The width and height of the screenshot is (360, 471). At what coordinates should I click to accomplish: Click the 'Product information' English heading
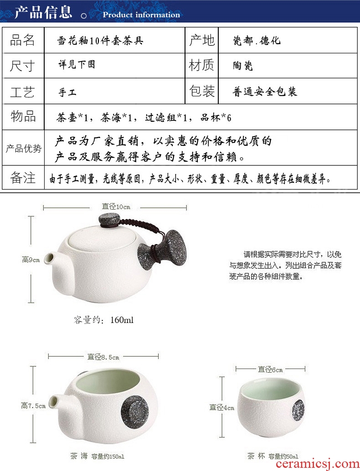coord(141,15)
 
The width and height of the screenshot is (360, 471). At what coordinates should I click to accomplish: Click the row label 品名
coord(22,40)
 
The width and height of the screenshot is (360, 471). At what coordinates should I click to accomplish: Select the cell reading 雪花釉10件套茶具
coord(100,40)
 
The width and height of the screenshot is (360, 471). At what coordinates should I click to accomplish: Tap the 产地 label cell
coord(201,40)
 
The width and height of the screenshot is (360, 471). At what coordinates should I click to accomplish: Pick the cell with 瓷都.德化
coord(257,40)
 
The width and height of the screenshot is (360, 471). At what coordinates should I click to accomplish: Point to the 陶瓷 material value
coord(243,66)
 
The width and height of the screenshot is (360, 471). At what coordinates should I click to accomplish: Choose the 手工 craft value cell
coord(67,92)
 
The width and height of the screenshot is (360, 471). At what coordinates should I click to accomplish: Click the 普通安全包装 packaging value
coord(265,91)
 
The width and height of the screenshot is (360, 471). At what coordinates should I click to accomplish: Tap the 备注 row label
coord(23,178)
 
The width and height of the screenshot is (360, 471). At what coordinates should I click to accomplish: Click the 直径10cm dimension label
coord(116,207)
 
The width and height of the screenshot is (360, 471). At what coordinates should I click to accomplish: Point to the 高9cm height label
coord(31,260)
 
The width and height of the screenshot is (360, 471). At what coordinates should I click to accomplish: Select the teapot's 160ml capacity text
coord(104,320)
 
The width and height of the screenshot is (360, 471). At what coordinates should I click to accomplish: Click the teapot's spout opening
coord(48,259)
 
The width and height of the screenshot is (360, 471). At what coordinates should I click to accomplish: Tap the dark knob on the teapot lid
coord(110,220)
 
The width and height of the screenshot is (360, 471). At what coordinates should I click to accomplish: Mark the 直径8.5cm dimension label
coord(103,357)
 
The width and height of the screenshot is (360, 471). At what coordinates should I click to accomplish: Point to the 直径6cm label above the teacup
coord(270,369)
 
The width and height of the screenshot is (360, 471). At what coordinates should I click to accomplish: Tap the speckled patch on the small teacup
coord(298,410)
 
